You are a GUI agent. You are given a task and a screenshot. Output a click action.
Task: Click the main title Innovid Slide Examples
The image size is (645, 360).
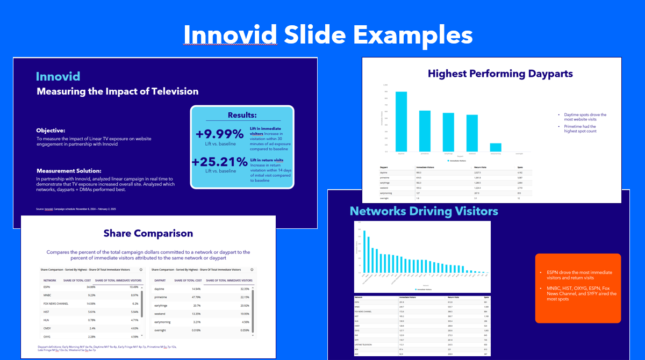click(x=328, y=35)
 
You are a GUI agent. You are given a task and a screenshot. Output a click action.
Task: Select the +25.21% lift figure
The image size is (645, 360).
click(x=219, y=162)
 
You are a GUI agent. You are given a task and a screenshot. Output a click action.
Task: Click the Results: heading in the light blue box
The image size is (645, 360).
click(x=242, y=115)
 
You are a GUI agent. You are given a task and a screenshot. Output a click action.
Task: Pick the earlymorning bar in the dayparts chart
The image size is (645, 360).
click(x=496, y=147)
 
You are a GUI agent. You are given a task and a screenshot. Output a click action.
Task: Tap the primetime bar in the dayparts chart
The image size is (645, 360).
click(x=425, y=131)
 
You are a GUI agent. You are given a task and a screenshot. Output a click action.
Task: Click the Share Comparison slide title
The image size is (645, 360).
click(x=148, y=233)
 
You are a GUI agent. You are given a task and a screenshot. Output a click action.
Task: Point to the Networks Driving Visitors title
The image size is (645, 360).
click(x=424, y=211)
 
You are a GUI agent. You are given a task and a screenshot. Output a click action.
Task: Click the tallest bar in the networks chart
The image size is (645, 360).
click(x=364, y=253)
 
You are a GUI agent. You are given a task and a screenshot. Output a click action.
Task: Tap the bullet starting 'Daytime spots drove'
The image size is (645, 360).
click(x=585, y=117)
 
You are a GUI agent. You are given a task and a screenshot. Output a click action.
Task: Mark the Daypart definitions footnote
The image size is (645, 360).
click(x=107, y=348)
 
